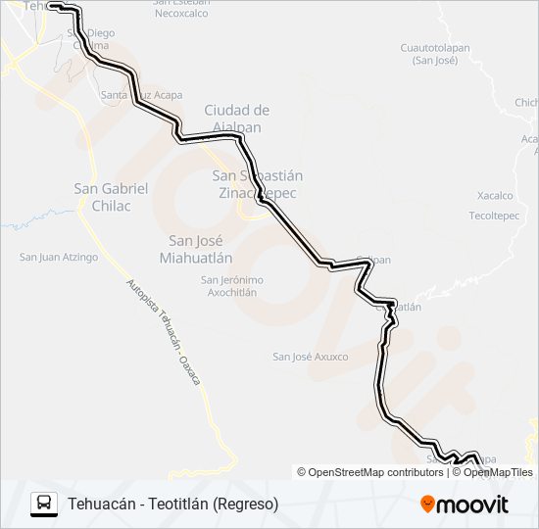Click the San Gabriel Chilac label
tap(111, 197)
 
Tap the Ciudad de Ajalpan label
tap(236, 119)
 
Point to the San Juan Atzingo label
tap(59, 258)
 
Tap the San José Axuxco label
tap(310, 357)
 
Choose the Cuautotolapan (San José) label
tap(434, 54)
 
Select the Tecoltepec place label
tap(493, 215)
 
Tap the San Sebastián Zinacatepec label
tap(258, 184)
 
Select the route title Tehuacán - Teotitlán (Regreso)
tap(173, 505)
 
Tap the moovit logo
tap(465, 505)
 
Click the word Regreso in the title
tap(248, 505)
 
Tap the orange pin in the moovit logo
tap(427, 505)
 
